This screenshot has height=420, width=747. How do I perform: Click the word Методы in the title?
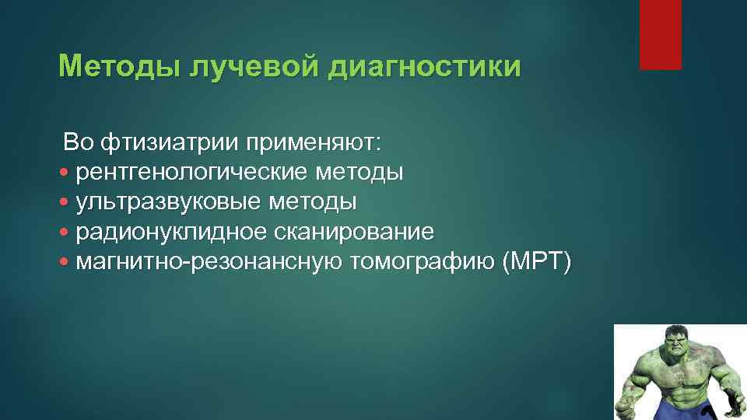point(117,67)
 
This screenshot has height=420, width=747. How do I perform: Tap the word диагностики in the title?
point(424,67)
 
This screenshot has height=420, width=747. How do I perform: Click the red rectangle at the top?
point(660,34)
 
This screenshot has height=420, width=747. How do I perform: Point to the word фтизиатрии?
point(170,142)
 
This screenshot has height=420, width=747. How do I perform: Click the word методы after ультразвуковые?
point(313,202)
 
